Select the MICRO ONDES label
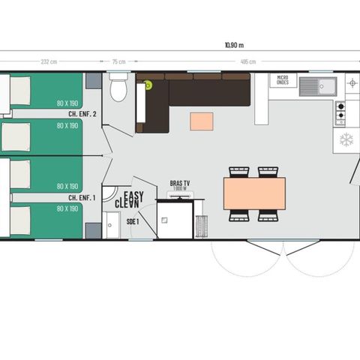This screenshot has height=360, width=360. click(x=283, y=79)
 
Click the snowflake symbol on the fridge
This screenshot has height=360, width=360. click(x=346, y=139)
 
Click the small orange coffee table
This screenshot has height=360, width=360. click(x=201, y=121)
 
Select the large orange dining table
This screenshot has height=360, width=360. click(x=254, y=193)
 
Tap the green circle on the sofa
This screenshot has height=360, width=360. click(x=148, y=85)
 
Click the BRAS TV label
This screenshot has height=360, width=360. click(x=181, y=184)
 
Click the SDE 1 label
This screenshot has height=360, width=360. click(x=132, y=222)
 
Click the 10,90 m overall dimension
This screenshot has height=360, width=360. click(x=234, y=44)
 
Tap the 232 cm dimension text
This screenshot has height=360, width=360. click(x=49, y=62)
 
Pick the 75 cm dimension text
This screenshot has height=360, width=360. click(x=118, y=62)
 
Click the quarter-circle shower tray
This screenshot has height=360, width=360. click(x=111, y=197)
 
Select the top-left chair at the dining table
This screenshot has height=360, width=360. click(x=238, y=172)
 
